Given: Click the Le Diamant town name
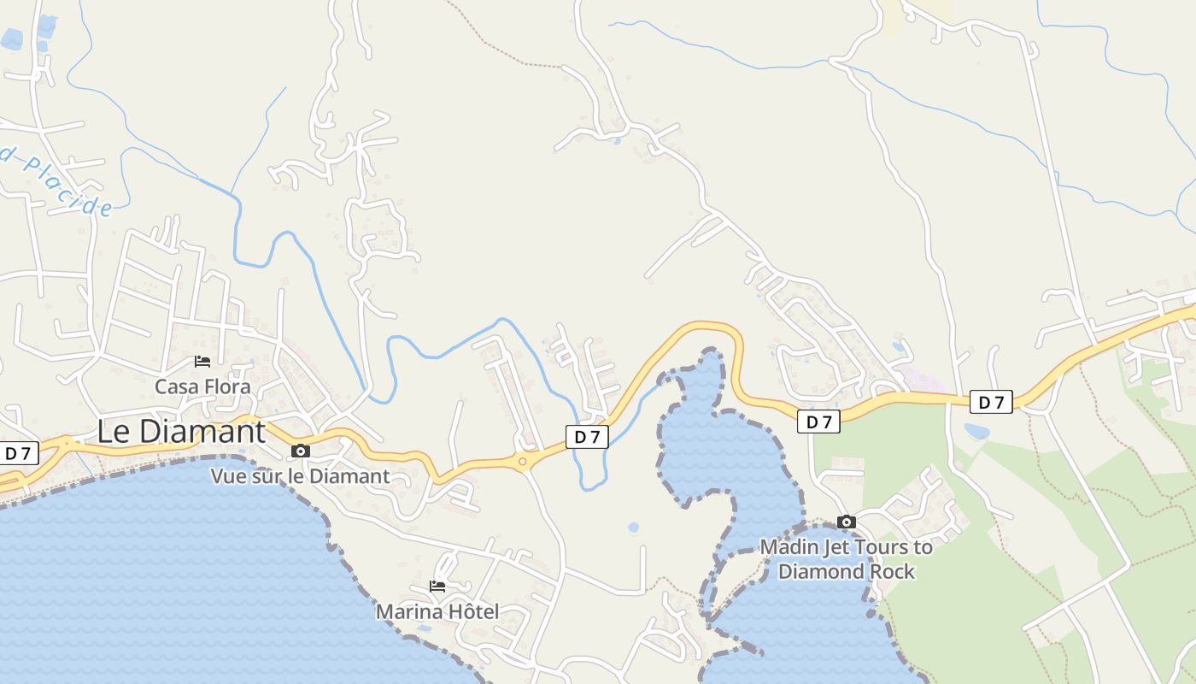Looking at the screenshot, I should pos(181,431).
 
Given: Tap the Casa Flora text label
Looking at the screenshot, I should pos(202,386).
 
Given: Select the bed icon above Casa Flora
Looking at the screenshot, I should pos(202,362).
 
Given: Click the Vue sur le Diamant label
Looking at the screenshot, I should pos(300,476).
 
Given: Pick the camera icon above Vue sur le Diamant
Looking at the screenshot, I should pos(301,451).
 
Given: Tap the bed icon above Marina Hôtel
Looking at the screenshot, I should pos(437,587).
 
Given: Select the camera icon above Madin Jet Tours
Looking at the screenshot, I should pos(846,522).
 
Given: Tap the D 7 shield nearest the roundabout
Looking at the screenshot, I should pos(587,437).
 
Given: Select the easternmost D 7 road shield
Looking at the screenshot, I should pos(991,402).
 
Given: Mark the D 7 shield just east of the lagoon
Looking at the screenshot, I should pos(818,422).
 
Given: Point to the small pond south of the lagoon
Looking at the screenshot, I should pos(633,528).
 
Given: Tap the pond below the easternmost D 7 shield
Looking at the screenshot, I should pos(976,430).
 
